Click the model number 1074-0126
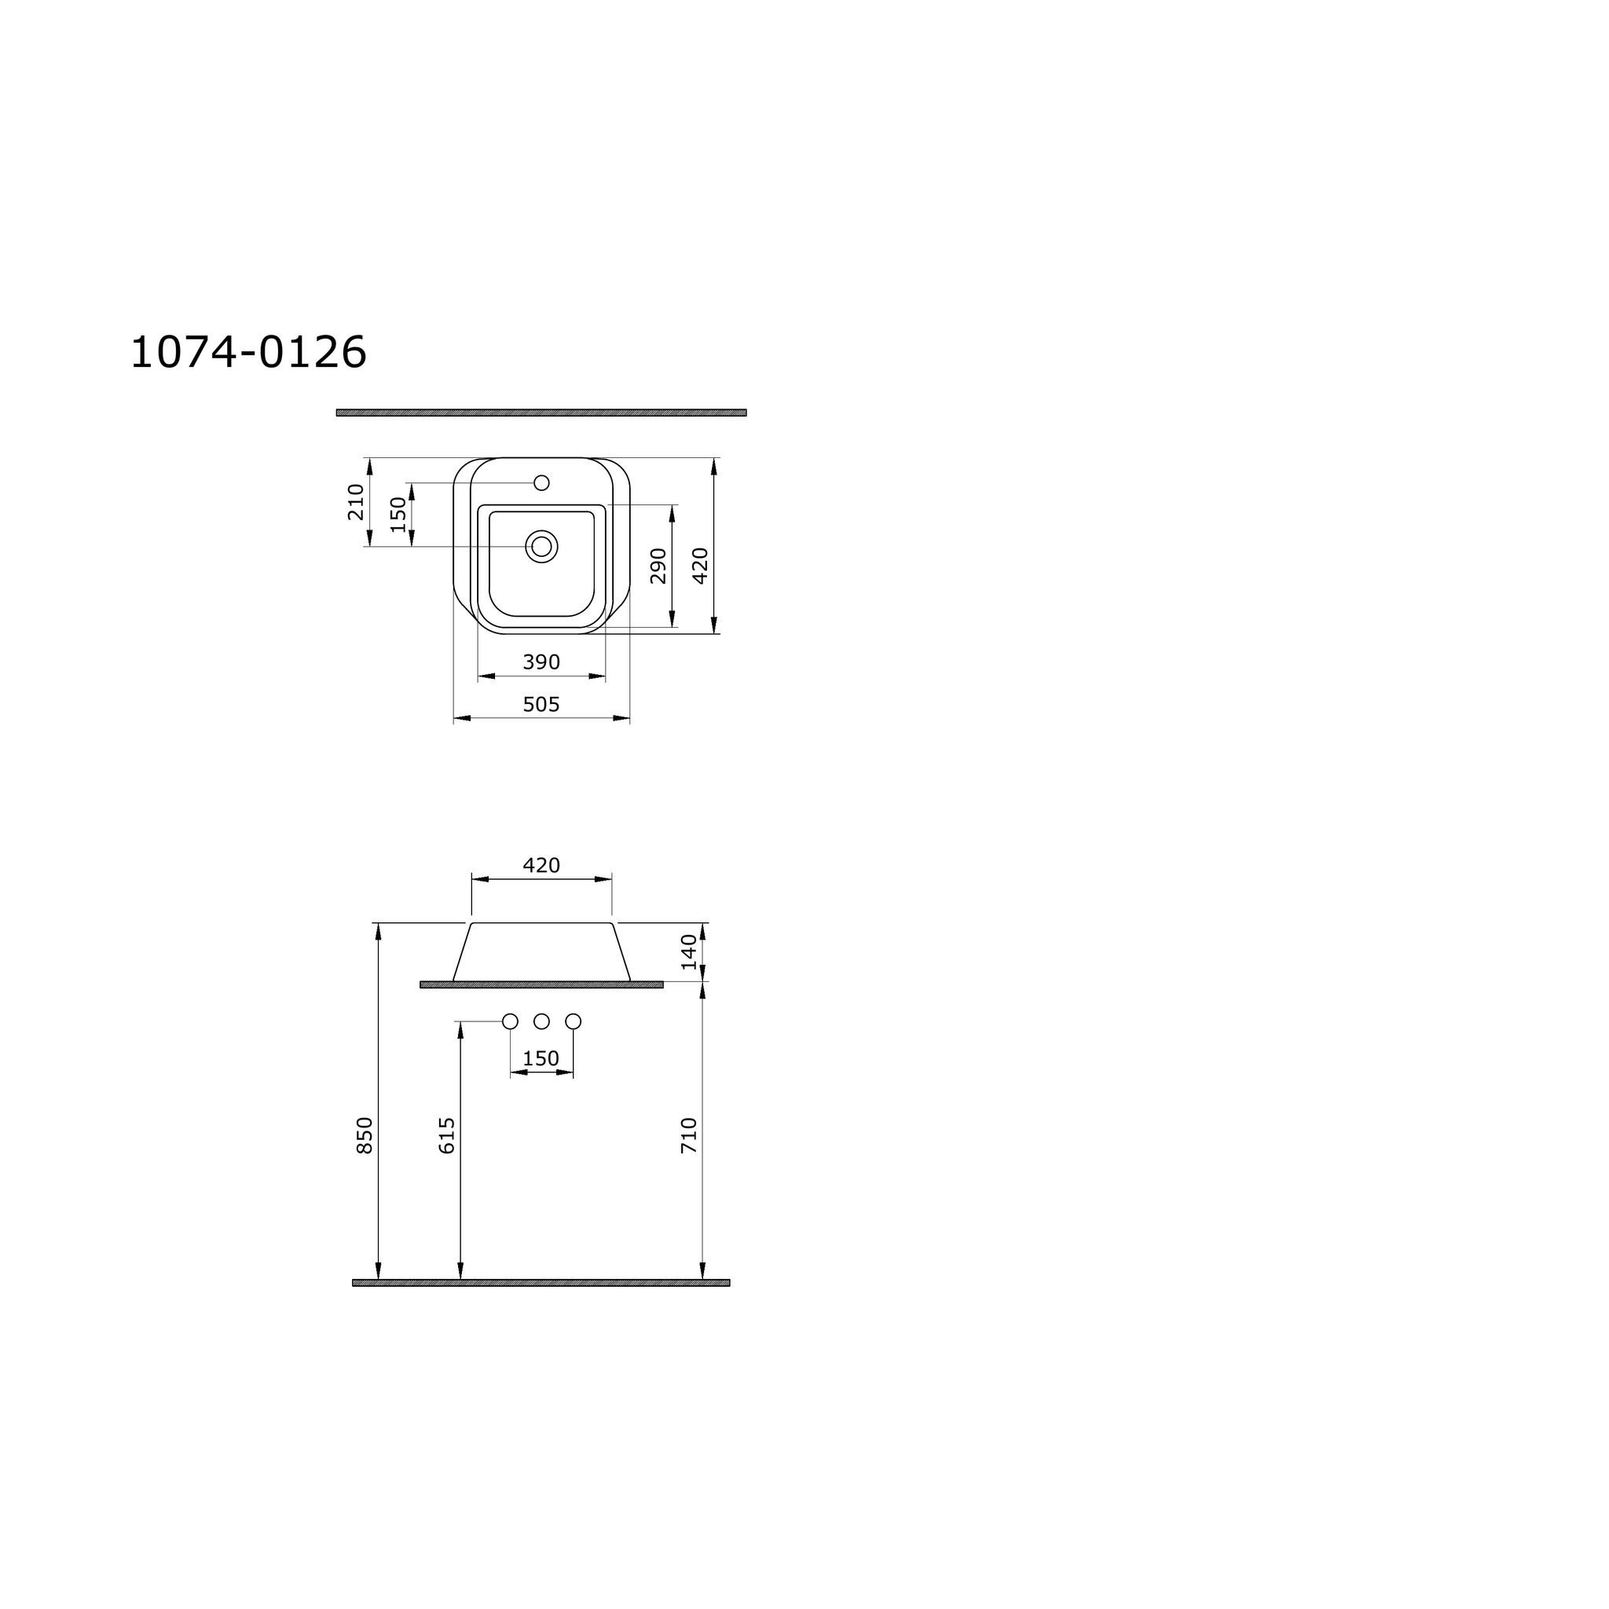[248, 352]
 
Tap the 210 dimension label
[357, 502]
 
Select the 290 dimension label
[658, 566]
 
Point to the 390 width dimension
[541, 662]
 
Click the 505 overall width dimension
[541, 705]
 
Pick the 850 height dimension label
[365, 1135]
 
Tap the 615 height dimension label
[447, 1135]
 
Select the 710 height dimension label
[690, 1135]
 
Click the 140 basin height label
[690, 952]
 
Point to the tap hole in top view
[541, 483]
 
